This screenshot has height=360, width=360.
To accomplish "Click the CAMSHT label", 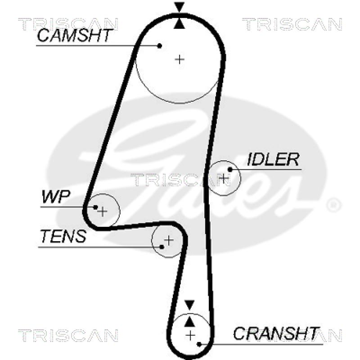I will pyautogui.click(x=74, y=36).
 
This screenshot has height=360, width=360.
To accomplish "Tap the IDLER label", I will pyautogui.click(x=273, y=159).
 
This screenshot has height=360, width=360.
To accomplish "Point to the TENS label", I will pyautogui.click(x=63, y=236).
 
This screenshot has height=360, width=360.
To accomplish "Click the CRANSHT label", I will pyautogui.click(x=276, y=333).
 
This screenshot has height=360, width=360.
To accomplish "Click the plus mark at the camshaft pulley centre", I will pyautogui.click(x=180, y=59).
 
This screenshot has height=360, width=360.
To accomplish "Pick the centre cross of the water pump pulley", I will pyautogui.click(x=103, y=211).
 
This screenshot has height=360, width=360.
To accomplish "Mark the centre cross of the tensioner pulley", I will pyautogui.click(x=168, y=240).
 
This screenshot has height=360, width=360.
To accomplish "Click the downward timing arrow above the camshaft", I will pyautogui.click(x=180, y=7).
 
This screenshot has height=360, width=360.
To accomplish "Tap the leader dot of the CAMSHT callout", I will pyautogui.click(x=160, y=45).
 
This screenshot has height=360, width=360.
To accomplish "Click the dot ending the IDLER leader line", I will pyautogui.click(x=230, y=169).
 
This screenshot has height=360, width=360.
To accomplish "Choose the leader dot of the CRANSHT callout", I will pyautogui.click(x=199, y=344).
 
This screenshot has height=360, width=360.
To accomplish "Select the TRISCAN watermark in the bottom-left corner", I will pyautogui.click(x=68, y=335).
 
